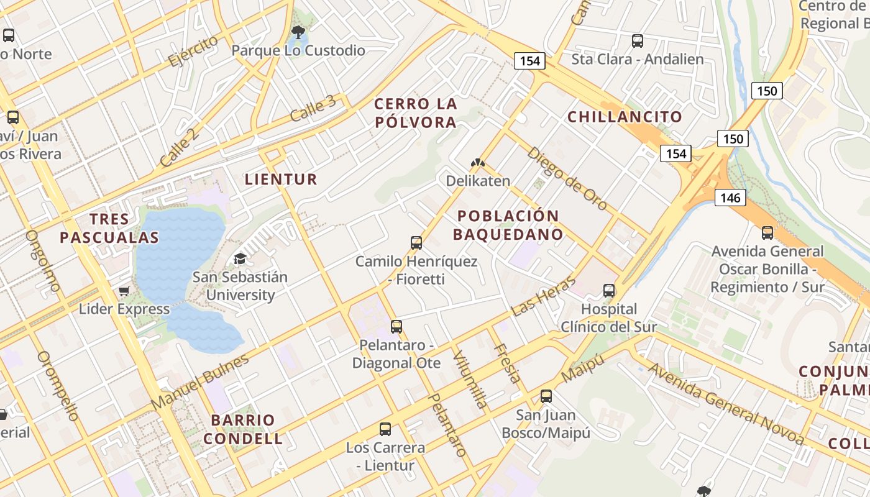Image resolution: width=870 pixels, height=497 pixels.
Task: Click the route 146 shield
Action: click(730, 198)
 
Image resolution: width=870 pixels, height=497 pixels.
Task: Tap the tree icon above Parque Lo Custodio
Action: click(298, 32)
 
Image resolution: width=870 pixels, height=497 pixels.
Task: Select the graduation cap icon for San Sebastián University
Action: click(240, 258)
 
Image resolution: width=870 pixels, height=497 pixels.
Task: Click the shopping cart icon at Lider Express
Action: click(124, 291)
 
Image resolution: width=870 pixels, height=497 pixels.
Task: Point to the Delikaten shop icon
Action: click(477, 163)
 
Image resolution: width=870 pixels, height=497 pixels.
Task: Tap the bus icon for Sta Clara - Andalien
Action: click(638, 41)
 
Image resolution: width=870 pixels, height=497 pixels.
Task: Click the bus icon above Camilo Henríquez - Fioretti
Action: click(416, 243)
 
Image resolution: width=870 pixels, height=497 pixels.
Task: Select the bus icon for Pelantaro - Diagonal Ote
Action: click(396, 326)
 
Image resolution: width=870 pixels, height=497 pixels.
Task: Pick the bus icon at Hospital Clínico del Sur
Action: click(609, 291)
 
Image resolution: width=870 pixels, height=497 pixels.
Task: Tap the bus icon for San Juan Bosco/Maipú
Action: click(546, 396)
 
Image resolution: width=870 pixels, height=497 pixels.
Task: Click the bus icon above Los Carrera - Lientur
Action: click(385, 429)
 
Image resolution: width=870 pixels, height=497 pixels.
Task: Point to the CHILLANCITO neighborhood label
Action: click(625, 117)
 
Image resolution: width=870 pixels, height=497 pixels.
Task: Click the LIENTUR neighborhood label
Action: click(281, 180)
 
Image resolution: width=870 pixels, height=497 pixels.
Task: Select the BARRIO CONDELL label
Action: click(243, 429)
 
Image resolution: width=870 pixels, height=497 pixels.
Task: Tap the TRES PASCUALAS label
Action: click(109, 228)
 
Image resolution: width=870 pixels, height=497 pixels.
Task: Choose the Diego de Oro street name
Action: click(567, 178)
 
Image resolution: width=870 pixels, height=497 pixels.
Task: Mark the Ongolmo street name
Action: click(43, 261)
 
